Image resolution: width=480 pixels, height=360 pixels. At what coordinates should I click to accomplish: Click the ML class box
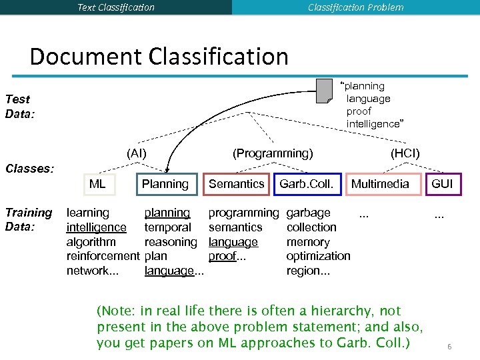(x=97, y=184)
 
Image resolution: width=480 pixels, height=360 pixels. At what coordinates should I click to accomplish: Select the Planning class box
(x=165, y=184)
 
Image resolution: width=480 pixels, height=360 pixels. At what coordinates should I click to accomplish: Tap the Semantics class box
(x=237, y=184)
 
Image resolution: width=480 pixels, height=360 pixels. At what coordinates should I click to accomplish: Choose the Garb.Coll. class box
(x=307, y=184)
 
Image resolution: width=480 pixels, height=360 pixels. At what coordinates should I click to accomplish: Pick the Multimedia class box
(x=381, y=184)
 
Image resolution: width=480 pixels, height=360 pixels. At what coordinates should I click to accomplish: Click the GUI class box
(x=442, y=184)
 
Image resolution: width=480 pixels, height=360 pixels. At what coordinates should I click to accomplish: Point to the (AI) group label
(x=137, y=153)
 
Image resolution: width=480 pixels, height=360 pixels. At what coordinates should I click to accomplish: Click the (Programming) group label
(x=272, y=153)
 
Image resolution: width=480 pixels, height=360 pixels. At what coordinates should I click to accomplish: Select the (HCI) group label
(x=405, y=153)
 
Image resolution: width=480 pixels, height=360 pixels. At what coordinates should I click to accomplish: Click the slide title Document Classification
(x=159, y=56)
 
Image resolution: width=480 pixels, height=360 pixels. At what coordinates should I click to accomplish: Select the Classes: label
(x=29, y=168)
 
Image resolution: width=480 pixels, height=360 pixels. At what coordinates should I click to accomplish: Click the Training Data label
(x=28, y=219)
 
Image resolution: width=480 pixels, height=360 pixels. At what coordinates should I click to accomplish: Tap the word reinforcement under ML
(x=103, y=256)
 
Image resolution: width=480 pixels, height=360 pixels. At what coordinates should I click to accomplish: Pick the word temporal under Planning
(x=167, y=227)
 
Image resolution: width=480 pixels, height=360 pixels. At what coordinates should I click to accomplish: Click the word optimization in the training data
(x=318, y=256)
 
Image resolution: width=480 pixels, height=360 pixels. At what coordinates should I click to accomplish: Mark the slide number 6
(x=449, y=347)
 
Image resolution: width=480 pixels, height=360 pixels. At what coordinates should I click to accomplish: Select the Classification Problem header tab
(x=355, y=7)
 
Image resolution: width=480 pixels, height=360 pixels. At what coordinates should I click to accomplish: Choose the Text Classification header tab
(x=116, y=7)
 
